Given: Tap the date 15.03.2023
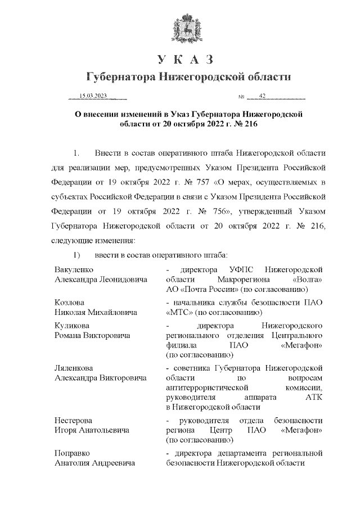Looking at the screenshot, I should pos(93,96).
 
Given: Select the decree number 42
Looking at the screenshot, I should pos(262,96).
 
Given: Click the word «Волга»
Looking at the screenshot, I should pos(308,280).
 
